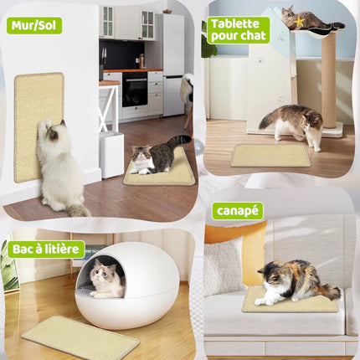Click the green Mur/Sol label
(33, 25)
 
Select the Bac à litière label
(46, 249)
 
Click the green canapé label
(238, 210)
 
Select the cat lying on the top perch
(308, 18)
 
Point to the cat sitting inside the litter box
(106, 278)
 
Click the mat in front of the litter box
(80, 337)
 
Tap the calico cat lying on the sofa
(293, 281)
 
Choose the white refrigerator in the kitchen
(172, 63)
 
